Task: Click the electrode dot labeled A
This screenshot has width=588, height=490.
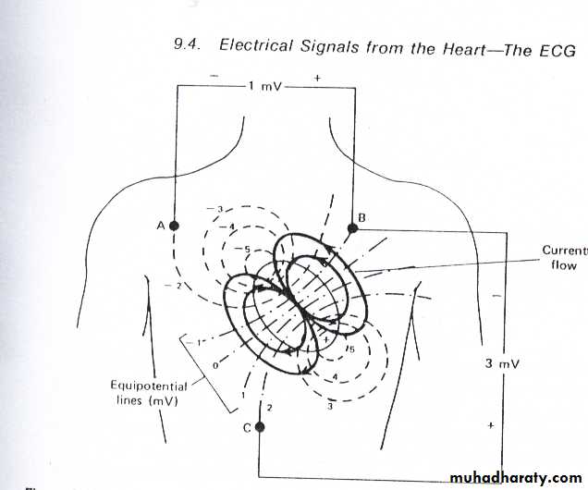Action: pos(174,225)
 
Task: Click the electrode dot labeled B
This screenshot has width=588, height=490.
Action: pos(352,227)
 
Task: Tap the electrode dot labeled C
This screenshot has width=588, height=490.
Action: pos(260,427)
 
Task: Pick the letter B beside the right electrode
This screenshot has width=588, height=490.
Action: pos(363,217)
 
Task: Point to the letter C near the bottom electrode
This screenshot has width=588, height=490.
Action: pos(246,427)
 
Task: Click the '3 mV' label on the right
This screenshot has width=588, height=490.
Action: pos(502,363)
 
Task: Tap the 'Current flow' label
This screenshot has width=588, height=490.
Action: pos(563,258)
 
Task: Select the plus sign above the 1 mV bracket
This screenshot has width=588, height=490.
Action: pos(317,79)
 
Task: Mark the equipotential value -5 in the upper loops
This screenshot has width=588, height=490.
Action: pos(243,249)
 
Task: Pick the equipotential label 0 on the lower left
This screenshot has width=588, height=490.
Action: pos(214,366)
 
